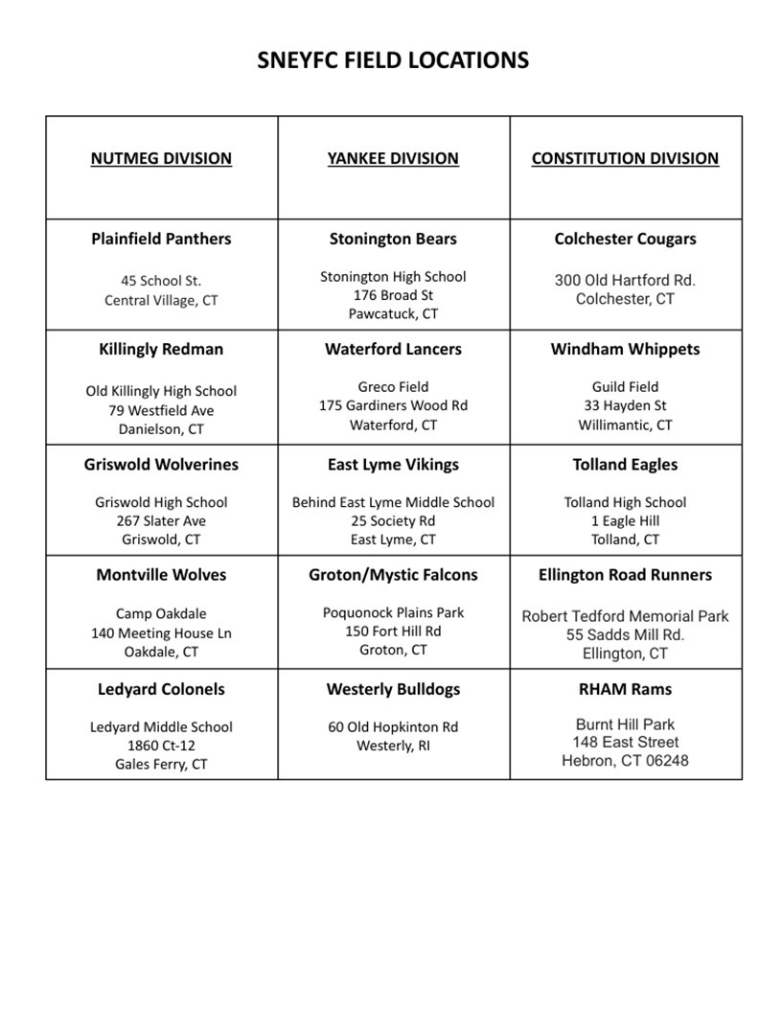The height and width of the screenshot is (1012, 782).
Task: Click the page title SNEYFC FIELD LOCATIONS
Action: (x=393, y=60)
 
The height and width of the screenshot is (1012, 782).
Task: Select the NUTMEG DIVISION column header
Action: (x=161, y=158)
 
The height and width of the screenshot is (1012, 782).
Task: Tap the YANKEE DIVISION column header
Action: (x=393, y=158)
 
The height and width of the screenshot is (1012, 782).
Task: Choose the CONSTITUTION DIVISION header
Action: (x=625, y=158)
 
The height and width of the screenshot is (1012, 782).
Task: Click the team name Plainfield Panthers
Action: (x=161, y=239)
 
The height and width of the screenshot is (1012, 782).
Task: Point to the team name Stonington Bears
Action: (x=393, y=239)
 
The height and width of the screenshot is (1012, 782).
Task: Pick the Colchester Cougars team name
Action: (x=625, y=239)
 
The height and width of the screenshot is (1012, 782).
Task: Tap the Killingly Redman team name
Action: (x=161, y=349)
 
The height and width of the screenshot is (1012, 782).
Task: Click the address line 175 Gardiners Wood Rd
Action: (x=393, y=405)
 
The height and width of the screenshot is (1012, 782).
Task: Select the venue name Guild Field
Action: (x=625, y=387)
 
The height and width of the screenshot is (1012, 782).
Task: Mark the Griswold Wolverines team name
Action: (x=161, y=464)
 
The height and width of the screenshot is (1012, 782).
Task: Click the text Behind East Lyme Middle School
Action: (x=393, y=502)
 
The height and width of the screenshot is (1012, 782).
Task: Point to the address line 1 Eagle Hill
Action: (x=625, y=520)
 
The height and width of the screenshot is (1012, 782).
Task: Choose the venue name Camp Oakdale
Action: (x=161, y=613)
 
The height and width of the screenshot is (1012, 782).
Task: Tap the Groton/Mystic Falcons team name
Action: (x=393, y=575)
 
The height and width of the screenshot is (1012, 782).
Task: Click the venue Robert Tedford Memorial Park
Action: (x=625, y=616)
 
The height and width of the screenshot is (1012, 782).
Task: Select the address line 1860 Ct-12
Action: (x=161, y=746)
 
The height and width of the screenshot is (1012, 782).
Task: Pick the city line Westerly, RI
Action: (x=393, y=746)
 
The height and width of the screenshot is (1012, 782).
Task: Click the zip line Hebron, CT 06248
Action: (x=625, y=761)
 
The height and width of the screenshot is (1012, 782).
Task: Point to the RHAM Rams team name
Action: (x=625, y=689)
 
